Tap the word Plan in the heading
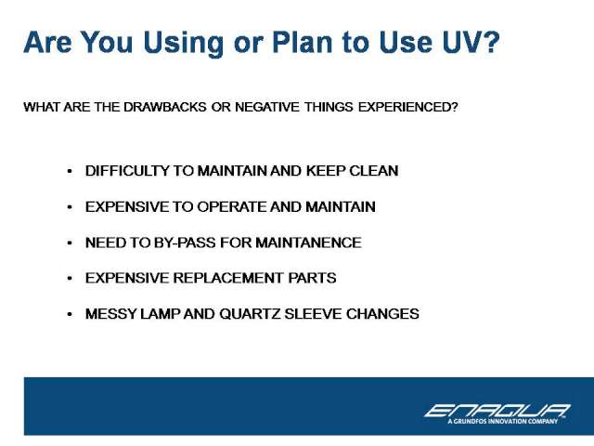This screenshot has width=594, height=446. [x=302, y=42]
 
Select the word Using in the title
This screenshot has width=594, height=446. [x=184, y=44]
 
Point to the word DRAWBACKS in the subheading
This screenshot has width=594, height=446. [x=165, y=107]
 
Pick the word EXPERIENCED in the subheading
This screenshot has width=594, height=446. [x=407, y=107]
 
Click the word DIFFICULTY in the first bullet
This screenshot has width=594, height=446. [x=127, y=171]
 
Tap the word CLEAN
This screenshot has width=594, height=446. [x=373, y=171]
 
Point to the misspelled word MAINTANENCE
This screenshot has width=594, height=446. [x=308, y=243]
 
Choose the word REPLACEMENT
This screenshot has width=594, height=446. [x=228, y=278]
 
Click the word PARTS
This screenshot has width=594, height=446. [x=312, y=278]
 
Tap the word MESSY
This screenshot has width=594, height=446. [x=110, y=314]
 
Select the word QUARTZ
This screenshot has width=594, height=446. [x=250, y=314]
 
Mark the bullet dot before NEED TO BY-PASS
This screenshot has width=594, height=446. [x=70, y=243]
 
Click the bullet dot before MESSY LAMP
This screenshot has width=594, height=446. [x=70, y=314]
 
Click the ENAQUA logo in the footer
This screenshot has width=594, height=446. [x=497, y=411]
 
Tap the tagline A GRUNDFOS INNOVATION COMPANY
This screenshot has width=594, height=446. [x=503, y=421]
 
